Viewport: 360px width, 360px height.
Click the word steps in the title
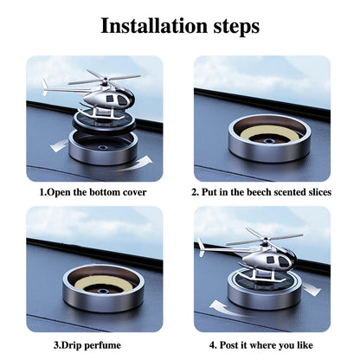(x=231, y=26)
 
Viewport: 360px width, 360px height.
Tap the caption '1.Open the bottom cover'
(x=93, y=191)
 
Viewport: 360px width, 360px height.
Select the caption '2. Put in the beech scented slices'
(x=262, y=191)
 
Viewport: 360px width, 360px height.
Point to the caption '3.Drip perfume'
(x=93, y=344)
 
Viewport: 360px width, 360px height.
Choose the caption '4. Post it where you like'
(x=262, y=344)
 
